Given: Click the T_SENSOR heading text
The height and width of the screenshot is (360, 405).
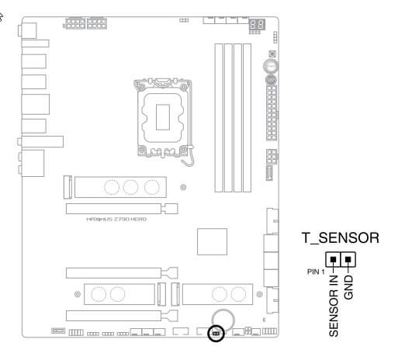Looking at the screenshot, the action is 341,238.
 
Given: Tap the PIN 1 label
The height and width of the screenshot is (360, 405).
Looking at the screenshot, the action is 316,272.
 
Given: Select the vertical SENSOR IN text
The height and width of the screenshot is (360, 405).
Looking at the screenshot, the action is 334,306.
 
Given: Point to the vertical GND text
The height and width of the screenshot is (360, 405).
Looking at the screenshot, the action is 348,287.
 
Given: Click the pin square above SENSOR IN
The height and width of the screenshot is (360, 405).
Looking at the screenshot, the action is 333,259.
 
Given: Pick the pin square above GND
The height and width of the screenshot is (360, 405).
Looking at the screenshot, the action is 348,259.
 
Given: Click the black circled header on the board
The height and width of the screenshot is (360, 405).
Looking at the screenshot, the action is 216,334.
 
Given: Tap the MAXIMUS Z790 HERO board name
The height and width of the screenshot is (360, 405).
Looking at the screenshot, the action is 116,220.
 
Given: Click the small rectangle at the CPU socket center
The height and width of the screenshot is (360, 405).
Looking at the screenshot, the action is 163,117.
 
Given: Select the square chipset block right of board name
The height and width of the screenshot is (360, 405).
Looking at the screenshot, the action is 212,241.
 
